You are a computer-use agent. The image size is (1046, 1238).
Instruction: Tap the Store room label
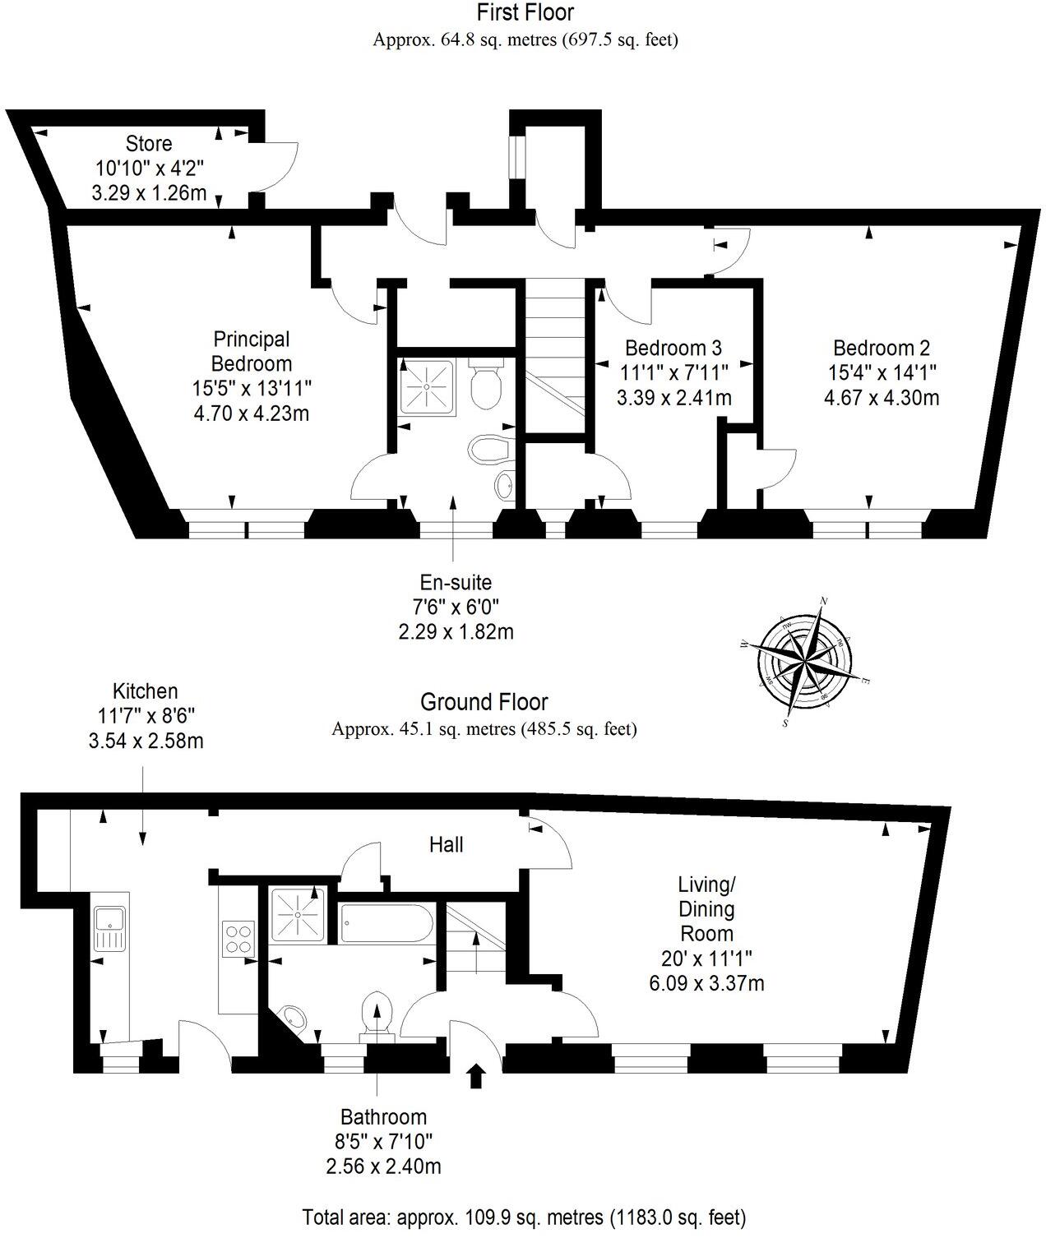click(x=149, y=144)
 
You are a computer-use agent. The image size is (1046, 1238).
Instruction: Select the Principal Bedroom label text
click(x=252, y=351)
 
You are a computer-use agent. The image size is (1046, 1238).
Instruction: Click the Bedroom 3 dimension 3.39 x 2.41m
click(x=673, y=399)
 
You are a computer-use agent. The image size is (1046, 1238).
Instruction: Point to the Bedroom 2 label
click(x=882, y=349)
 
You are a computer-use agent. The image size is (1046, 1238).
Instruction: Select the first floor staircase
click(x=555, y=353)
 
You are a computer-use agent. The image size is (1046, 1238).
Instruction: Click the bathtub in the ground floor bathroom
click(x=385, y=924)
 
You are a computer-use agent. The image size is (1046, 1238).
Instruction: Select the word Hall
click(x=447, y=844)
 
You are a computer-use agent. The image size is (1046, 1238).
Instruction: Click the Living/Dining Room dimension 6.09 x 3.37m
click(x=706, y=983)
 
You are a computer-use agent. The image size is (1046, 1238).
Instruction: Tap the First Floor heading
click(x=525, y=12)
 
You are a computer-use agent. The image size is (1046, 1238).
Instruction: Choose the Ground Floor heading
click(x=484, y=702)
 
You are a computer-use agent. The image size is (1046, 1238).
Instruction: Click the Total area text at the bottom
click(x=524, y=1216)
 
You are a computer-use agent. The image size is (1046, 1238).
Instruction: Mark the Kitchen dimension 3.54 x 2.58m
click(x=146, y=741)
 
